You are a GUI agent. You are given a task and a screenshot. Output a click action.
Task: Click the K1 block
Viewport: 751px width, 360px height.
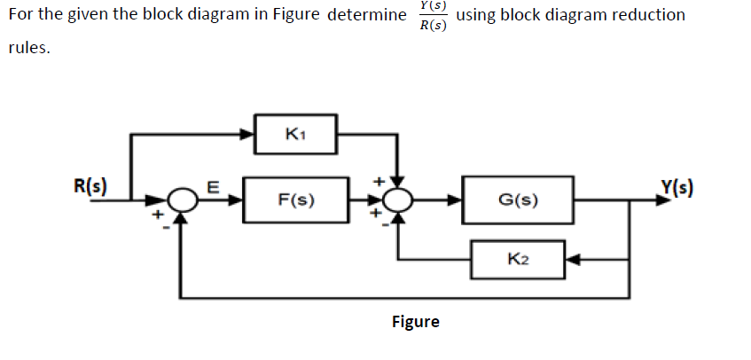tap(295, 135)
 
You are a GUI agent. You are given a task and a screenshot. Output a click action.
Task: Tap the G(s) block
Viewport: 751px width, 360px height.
tap(518, 200)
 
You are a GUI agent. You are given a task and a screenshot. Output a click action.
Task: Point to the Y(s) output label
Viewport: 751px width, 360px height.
tap(677, 187)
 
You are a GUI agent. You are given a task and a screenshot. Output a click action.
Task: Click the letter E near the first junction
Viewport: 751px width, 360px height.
tap(211, 186)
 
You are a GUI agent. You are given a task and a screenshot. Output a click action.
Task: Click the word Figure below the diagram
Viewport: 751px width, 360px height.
tap(415, 321)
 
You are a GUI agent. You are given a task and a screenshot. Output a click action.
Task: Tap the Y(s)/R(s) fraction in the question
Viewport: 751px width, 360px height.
tap(433, 15)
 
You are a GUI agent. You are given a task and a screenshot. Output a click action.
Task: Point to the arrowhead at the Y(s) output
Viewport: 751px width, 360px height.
tap(661, 200)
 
